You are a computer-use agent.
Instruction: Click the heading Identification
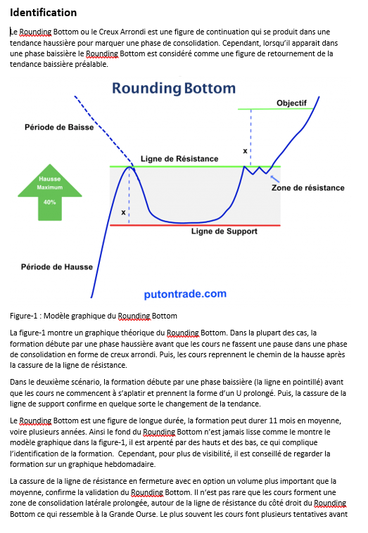(x=43, y=13)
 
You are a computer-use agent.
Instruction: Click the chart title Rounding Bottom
(x=174, y=89)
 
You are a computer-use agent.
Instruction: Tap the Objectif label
(x=291, y=103)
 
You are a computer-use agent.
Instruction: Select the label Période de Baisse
(x=59, y=127)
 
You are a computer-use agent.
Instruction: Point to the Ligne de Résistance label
(x=179, y=159)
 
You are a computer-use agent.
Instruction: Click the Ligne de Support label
(x=224, y=231)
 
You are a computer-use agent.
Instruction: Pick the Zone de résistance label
(x=307, y=188)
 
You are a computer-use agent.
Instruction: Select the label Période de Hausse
(x=57, y=266)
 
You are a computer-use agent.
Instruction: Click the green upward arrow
(x=50, y=193)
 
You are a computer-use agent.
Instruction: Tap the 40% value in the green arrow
(x=50, y=203)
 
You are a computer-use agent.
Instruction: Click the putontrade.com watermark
(x=185, y=294)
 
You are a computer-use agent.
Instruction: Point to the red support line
(x=195, y=225)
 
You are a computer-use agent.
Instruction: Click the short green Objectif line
(x=276, y=109)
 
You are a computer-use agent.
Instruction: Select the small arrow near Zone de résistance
(x=275, y=179)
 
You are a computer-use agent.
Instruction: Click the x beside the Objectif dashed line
(x=245, y=151)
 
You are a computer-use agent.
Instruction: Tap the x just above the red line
(x=123, y=212)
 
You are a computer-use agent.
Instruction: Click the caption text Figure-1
(x=23, y=316)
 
